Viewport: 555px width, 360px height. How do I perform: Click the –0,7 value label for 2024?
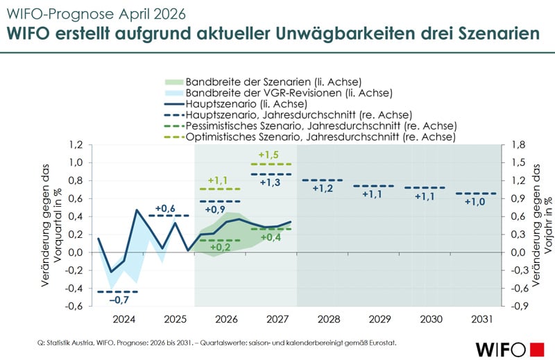click(121, 300)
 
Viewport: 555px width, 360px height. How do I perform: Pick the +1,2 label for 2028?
click(323, 188)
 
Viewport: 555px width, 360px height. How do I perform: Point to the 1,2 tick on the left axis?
click(75, 144)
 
